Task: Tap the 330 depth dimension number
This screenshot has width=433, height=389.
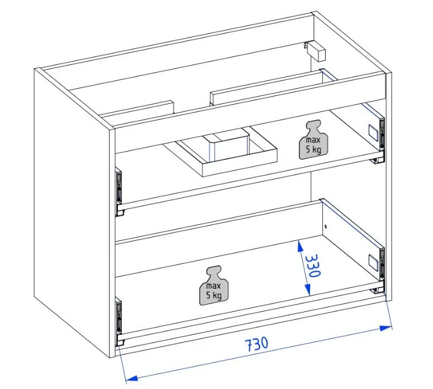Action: (x=313, y=265)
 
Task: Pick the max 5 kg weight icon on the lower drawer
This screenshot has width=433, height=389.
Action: (x=214, y=286)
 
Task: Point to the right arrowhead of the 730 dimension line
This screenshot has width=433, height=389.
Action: (x=386, y=328)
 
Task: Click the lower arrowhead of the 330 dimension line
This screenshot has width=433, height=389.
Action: (x=308, y=290)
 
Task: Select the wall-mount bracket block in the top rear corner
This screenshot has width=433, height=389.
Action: (x=316, y=50)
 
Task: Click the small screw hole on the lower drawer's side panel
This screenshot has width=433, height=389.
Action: (x=326, y=227)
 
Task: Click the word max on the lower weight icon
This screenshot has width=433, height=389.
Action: (x=213, y=286)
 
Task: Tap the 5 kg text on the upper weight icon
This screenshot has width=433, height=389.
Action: (x=313, y=149)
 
